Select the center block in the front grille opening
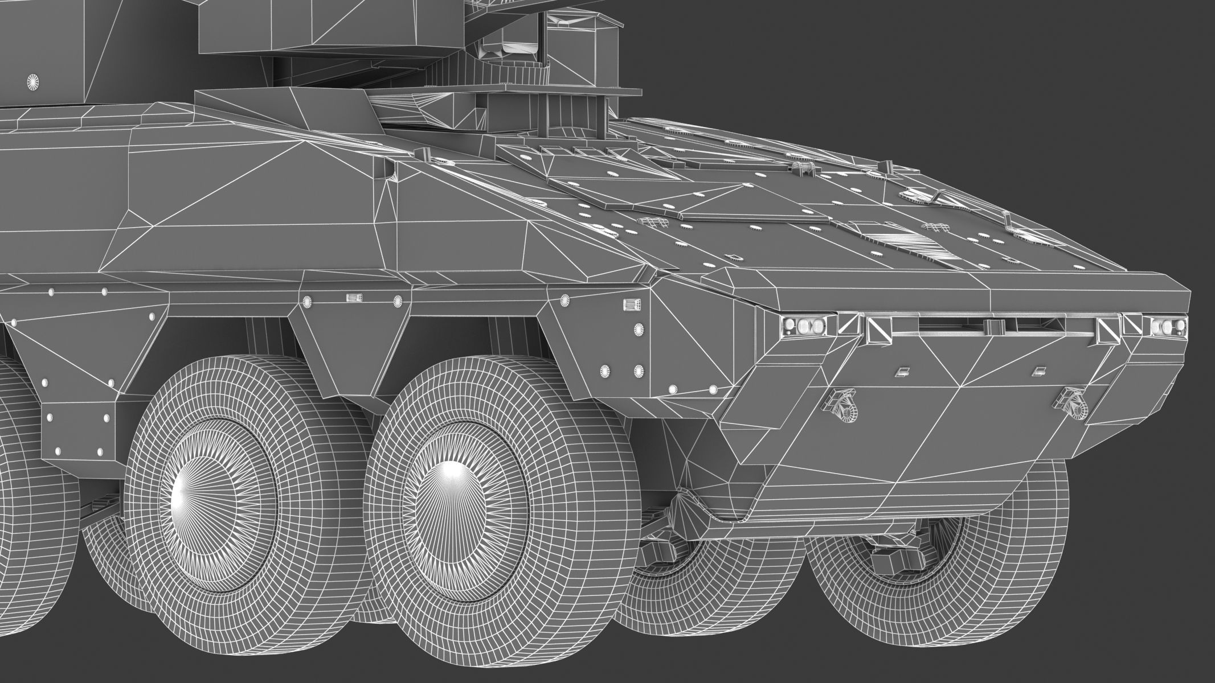pos(994,326)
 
